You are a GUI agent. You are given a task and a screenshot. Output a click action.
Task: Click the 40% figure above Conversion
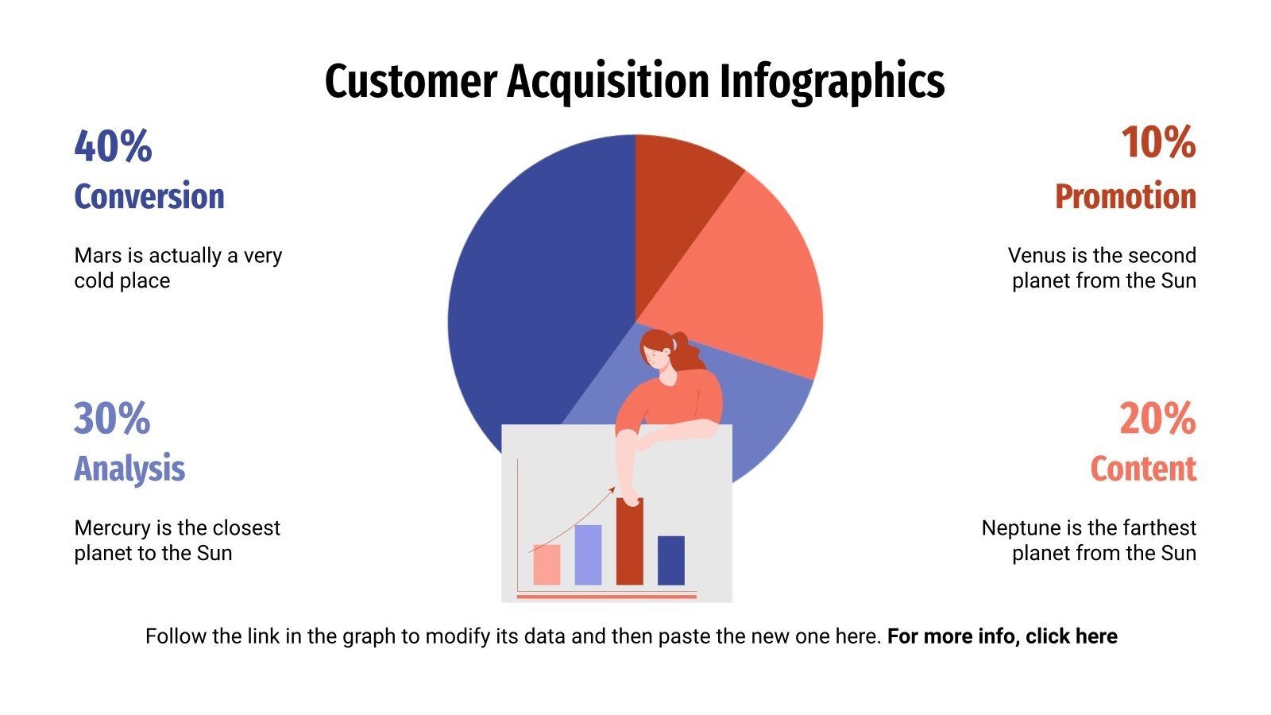[x=113, y=145]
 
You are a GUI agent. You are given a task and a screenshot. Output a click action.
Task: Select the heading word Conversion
[x=149, y=196]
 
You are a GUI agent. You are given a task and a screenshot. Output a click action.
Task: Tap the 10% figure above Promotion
[x=1157, y=143]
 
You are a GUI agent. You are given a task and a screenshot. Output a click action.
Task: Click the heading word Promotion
[x=1125, y=196]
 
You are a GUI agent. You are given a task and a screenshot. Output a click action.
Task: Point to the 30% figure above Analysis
[x=112, y=418]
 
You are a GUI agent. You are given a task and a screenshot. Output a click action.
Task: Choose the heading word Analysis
[x=129, y=469]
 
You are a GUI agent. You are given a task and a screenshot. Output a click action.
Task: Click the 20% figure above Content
[x=1157, y=418]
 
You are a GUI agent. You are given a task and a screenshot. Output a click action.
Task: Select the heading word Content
[x=1142, y=469]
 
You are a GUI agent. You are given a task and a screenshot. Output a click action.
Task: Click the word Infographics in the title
[x=832, y=81]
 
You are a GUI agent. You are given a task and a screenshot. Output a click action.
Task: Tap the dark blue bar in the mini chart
[x=671, y=561]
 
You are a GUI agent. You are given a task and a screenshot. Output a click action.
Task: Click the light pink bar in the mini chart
[x=547, y=565]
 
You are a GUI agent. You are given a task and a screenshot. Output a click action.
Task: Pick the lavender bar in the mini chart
[x=588, y=555]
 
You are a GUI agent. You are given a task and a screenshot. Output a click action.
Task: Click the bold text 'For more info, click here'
[x=1002, y=636]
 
